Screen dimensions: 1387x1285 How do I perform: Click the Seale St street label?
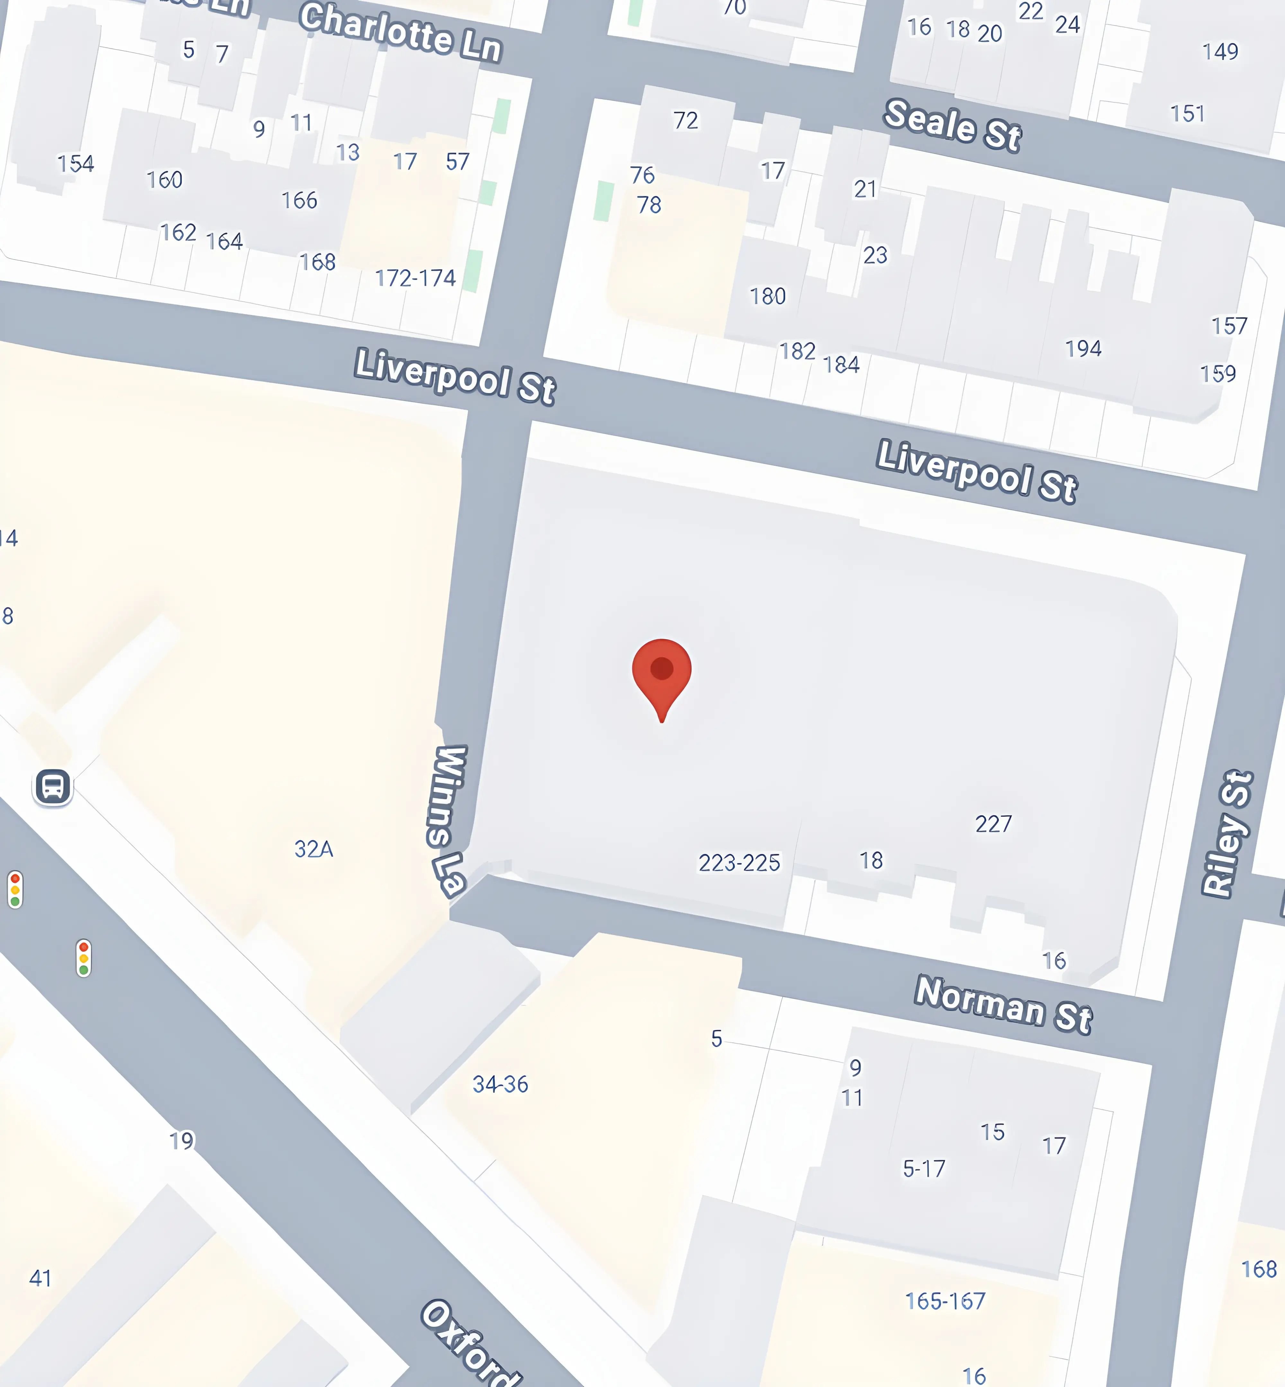coord(952,125)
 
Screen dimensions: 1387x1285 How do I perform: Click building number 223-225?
coord(739,862)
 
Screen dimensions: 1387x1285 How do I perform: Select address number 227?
coord(993,824)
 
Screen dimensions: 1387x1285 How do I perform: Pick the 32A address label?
coord(314,849)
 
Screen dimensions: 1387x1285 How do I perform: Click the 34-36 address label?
coord(500,1084)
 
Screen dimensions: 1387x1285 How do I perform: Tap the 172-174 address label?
coord(415,278)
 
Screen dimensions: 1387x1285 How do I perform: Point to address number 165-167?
coord(945,1301)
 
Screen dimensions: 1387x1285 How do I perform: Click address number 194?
coord(1083,348)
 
